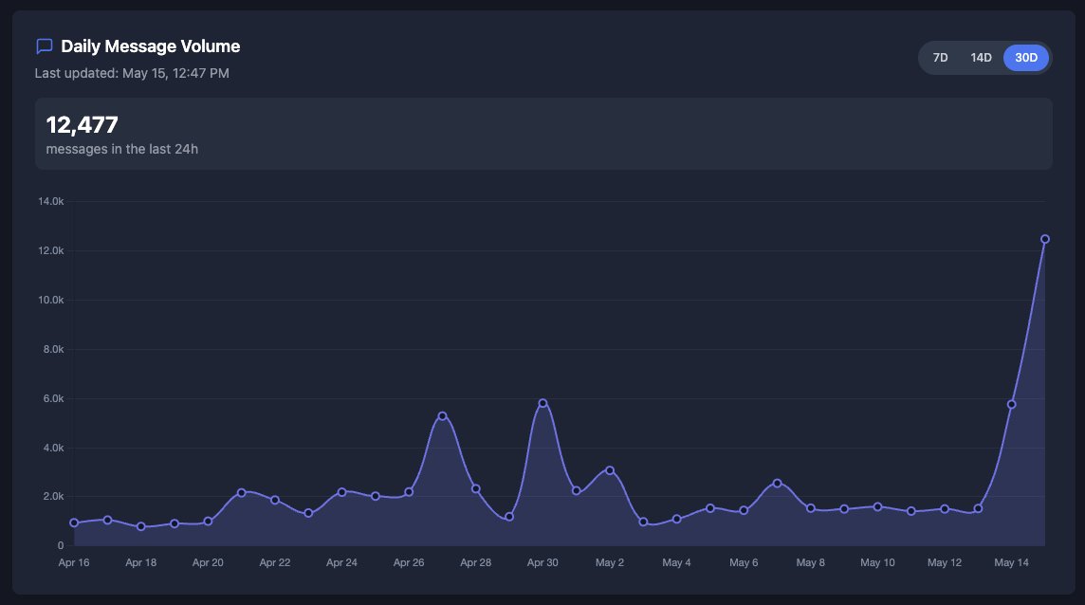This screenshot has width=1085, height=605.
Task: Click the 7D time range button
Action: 940,58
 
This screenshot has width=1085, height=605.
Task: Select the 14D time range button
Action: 981,58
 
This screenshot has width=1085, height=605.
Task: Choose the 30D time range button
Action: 1026,58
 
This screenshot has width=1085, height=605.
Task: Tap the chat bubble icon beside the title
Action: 44,46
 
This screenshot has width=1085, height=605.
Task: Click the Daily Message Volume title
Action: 150,46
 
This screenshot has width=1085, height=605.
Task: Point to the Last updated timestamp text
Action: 132,73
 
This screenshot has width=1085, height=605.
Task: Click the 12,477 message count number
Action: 82,124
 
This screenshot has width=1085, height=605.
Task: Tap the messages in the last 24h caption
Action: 121,149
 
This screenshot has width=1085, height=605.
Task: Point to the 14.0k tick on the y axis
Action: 50,201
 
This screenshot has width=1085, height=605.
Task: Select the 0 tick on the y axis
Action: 60,545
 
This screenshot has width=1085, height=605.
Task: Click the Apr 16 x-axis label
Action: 74,562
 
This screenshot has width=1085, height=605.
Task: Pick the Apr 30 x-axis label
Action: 542,562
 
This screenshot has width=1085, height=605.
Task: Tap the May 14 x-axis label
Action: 1011,562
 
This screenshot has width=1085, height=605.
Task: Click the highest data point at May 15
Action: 1044,239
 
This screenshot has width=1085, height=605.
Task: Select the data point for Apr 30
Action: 542,403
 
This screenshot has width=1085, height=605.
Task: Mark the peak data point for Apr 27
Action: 442,416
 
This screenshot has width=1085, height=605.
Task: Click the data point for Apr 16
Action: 74,522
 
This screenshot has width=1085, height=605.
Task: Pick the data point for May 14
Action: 1011,404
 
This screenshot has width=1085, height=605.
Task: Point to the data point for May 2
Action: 610,470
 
